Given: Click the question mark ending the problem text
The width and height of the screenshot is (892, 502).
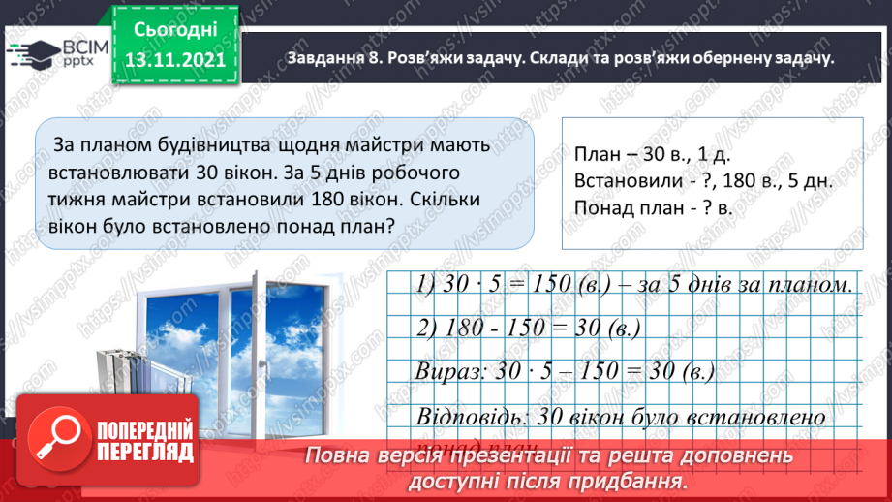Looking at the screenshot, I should tap(387, 226).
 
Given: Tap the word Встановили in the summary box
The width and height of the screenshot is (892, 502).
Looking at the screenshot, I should tap(622, 180).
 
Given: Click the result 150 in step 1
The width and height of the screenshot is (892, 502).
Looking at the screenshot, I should tap(549, 286).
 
